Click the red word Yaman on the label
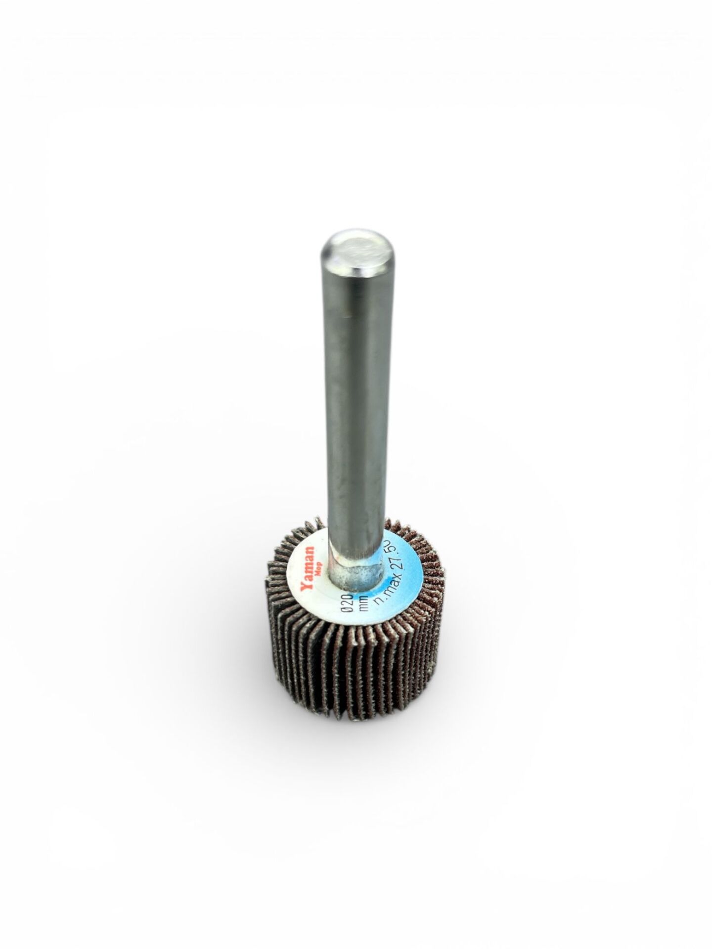point(307,568)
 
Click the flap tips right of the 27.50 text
point(430,559)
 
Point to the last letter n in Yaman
point(309,550)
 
